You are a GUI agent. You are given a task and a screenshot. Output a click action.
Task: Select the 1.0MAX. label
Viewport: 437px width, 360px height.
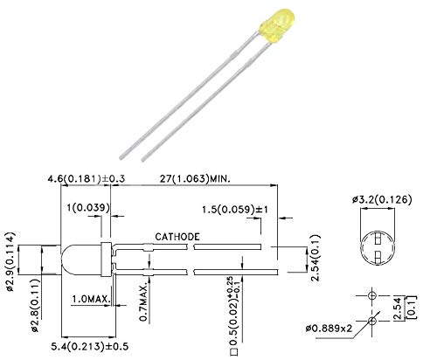[90, 300]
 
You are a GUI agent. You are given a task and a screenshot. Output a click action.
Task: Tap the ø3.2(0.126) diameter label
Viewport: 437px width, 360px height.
[383, 200]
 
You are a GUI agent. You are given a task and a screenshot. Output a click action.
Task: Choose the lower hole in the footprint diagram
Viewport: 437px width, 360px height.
[373, 321]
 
